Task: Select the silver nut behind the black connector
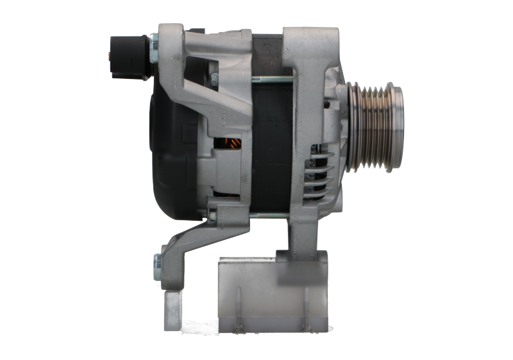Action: [152, 51]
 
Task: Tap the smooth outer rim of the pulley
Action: [398, 128]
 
